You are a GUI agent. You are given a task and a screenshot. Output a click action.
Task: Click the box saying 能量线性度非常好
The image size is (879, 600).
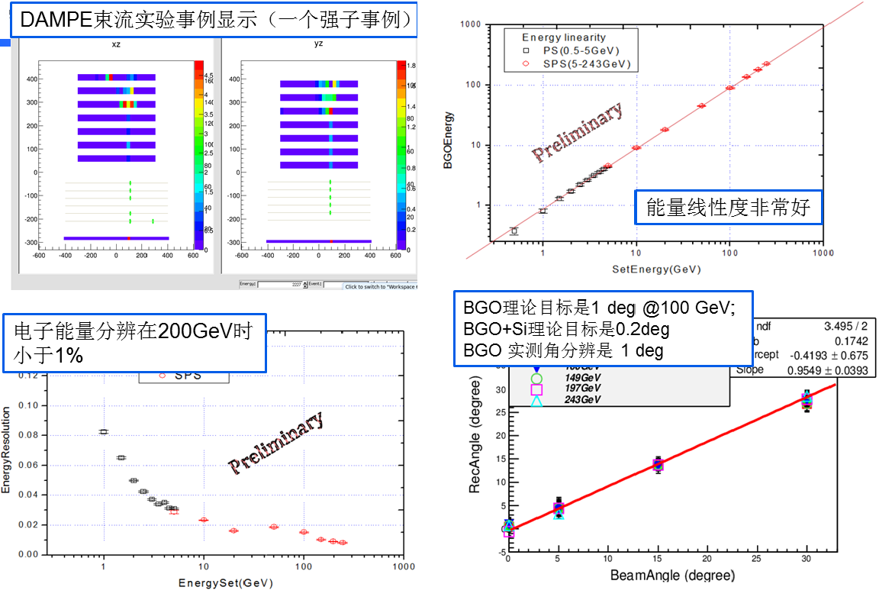[x=728, y=206]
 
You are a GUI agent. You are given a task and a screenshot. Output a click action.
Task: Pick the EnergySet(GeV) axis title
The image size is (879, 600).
[x=225, y=583]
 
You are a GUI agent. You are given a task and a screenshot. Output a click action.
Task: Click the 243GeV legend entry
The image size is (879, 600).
[x=580, y=400]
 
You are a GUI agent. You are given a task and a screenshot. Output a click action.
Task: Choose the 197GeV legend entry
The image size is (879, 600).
[x=580, y=389]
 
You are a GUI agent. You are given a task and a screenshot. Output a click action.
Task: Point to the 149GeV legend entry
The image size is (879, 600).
[x=580, y=378]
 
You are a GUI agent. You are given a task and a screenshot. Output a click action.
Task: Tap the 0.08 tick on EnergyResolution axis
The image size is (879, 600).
[x=27, y=435]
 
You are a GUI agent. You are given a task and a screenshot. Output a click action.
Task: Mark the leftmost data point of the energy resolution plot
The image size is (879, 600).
[x=104, y=431]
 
